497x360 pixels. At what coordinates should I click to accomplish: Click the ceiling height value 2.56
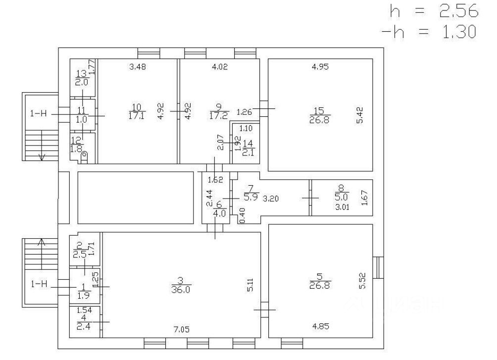(x=459, y=10)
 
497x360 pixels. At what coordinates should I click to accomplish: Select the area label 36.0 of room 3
(x=181, y=291)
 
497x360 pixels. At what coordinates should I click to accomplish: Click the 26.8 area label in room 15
(x=320, y=119)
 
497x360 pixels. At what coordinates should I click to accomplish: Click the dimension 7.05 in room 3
(x=182, y=329)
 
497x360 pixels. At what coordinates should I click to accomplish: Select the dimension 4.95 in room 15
(x=320, y=67)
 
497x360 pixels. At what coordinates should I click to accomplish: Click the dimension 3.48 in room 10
(x=139, y=67)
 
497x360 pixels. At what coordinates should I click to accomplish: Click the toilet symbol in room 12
(x=84, y=157)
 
